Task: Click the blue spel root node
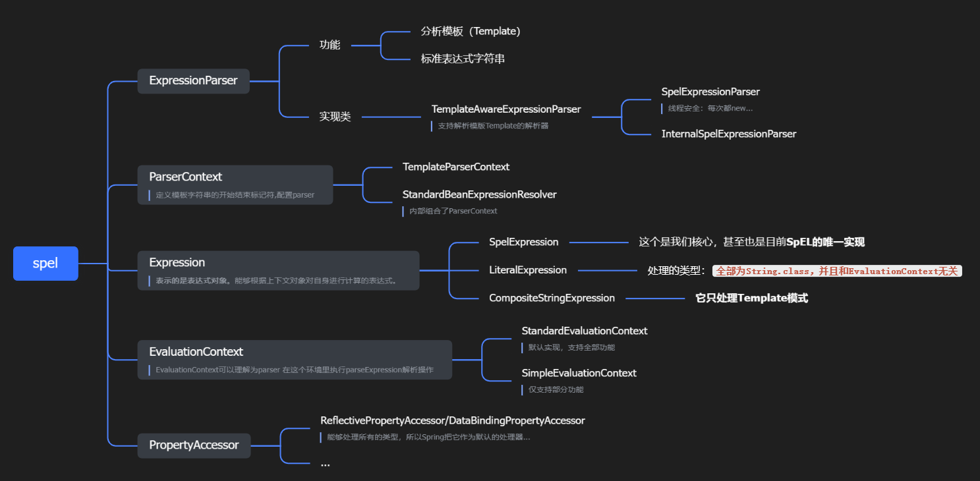pos(45,263)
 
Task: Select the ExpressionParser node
pos(193,80)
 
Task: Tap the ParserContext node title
pos(185,177)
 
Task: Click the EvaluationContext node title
pos(196,352)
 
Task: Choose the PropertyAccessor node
pos(194,445)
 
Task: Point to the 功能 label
pos(330,45)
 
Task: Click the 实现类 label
pos(335,117)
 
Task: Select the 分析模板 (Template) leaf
pos(471,31)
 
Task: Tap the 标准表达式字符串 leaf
pos(463,59)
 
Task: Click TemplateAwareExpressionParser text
pos(506,109)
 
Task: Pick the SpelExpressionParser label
pos(710,92)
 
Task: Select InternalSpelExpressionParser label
pos(729,134)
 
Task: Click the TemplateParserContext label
pos(456,167)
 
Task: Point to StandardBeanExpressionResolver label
pos(480,194)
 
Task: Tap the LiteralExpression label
pos(528,269)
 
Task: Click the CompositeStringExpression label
pos(552,298)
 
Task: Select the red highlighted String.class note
pos(837,271)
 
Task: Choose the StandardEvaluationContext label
pos(585,331)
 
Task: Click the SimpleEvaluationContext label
pos(579,373)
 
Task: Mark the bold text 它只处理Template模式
pos(751,298)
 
